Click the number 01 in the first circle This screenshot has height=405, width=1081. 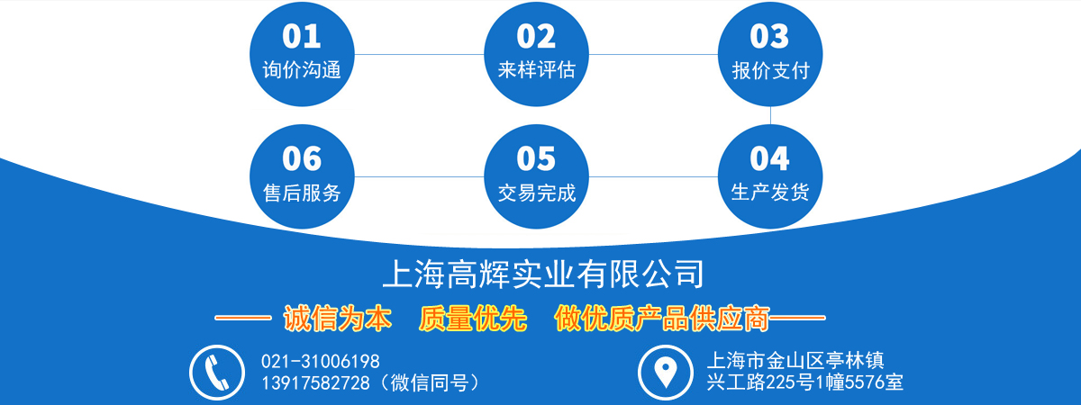[x=302, y=36]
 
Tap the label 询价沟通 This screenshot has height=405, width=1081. [x=302, y=70]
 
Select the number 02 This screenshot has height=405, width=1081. [x=536, y=36]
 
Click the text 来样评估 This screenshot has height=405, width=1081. [x=537, y=70]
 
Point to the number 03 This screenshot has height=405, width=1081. [x=769, y=36]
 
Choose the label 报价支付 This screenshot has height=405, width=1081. [x=771, y=70]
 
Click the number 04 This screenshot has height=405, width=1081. [x=769, y=158]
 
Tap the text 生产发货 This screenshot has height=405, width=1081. [x=770, y=192]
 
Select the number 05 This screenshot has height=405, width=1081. [x=536, y=158]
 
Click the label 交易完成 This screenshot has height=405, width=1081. [x=537, y=193]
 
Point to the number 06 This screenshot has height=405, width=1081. [x=302, y=158]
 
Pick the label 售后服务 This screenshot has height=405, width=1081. [x=302, y=193]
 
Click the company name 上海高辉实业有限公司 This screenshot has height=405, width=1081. [x=543, y=274]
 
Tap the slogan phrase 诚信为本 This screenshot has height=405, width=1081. [x=337, y=319]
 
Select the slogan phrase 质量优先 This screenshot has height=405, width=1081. [x=472, y=319]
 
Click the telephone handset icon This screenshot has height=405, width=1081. [x=217, y=373]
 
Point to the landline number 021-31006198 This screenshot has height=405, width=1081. [x=321, y=361]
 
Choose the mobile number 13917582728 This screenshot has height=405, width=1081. [x=315, y=382]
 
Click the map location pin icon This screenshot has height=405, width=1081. [x=665, y=372]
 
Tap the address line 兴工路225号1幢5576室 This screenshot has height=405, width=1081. [x=804, y=382]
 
